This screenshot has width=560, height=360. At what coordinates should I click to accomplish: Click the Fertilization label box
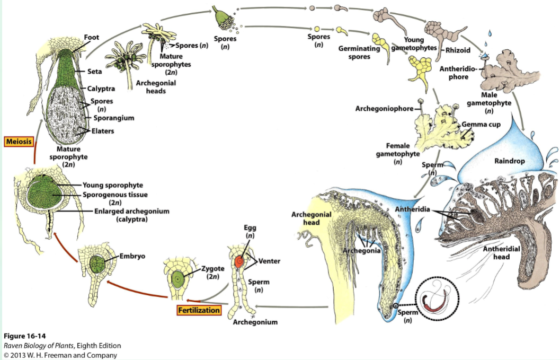199,310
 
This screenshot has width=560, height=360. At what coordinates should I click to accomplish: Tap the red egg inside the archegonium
239,261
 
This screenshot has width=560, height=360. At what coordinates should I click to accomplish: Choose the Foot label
92,37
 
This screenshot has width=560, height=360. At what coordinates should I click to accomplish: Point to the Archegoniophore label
385,109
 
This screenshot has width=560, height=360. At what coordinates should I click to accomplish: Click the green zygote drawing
175,277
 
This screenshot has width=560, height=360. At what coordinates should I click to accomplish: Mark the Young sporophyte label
112,185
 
